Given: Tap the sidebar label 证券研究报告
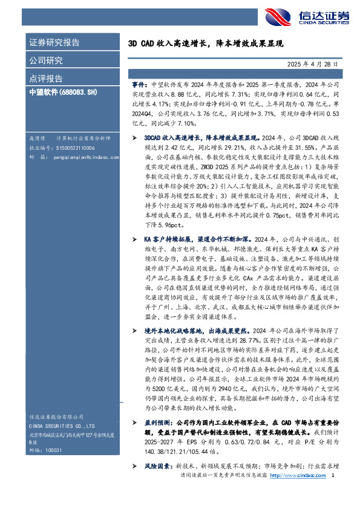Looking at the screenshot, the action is [x=54, y=43].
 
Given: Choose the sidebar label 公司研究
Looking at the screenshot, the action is [x=45, y=60].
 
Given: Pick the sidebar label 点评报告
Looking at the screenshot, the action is [x=45, y=79].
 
